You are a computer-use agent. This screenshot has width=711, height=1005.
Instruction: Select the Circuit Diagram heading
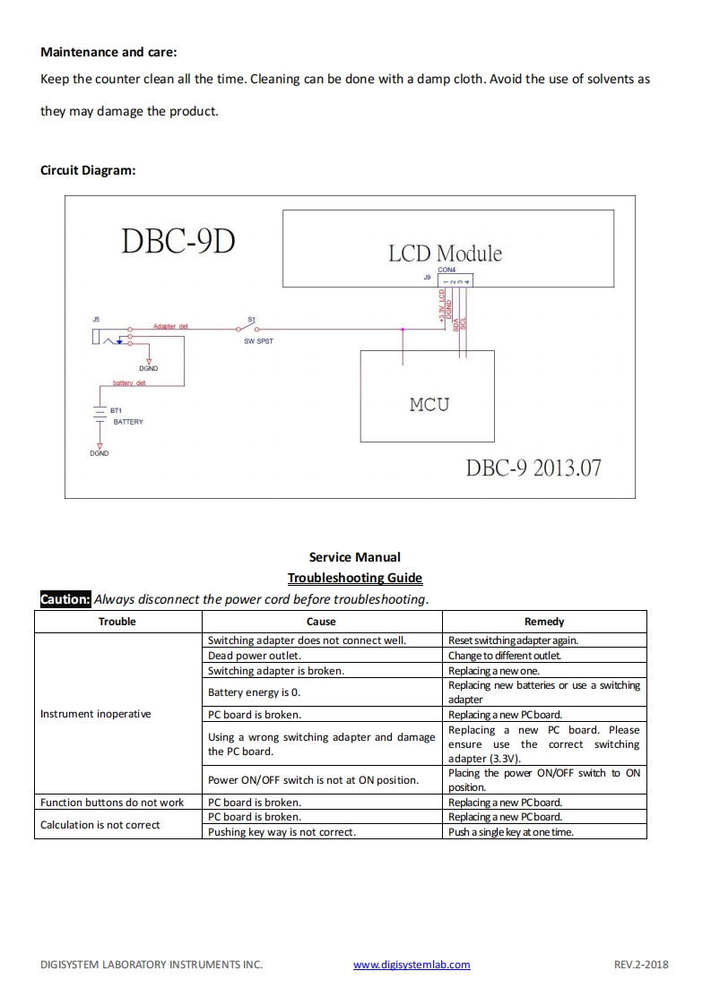(x=88, y=170)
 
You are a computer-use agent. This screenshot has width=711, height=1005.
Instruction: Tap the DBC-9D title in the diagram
(x=178, y=241)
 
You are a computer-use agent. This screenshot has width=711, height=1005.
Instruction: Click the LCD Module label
(x=445, y=253)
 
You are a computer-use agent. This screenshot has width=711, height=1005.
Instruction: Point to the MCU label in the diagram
(x=429, y=404)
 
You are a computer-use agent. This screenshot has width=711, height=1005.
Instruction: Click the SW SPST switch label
(x=258, y=341)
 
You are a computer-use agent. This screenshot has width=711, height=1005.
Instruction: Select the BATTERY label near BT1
(x=127, y=421)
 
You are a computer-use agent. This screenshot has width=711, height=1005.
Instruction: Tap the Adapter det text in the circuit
(x=170, y=326)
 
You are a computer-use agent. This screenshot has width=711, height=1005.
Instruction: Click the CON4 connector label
(x=447, y=269)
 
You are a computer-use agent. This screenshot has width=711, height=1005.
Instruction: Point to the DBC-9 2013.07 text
(x=533, y=468)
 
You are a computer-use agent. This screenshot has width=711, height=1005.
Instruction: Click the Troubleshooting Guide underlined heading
(x=354, y=578)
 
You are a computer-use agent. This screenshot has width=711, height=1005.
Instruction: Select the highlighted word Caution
(x=65, y=599)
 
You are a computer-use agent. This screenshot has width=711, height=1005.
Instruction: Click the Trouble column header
(x=117, y=621)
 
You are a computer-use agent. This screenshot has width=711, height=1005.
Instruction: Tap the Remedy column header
(x=544, y=621)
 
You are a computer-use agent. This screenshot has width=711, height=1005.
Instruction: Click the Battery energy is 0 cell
(x=254, y=692)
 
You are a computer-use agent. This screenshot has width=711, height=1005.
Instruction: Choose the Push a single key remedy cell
(x=511, y=832)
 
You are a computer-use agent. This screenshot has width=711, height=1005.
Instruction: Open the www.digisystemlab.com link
(x=412, y=965)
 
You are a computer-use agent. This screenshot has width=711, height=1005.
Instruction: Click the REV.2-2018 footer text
(x=641, y=965)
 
